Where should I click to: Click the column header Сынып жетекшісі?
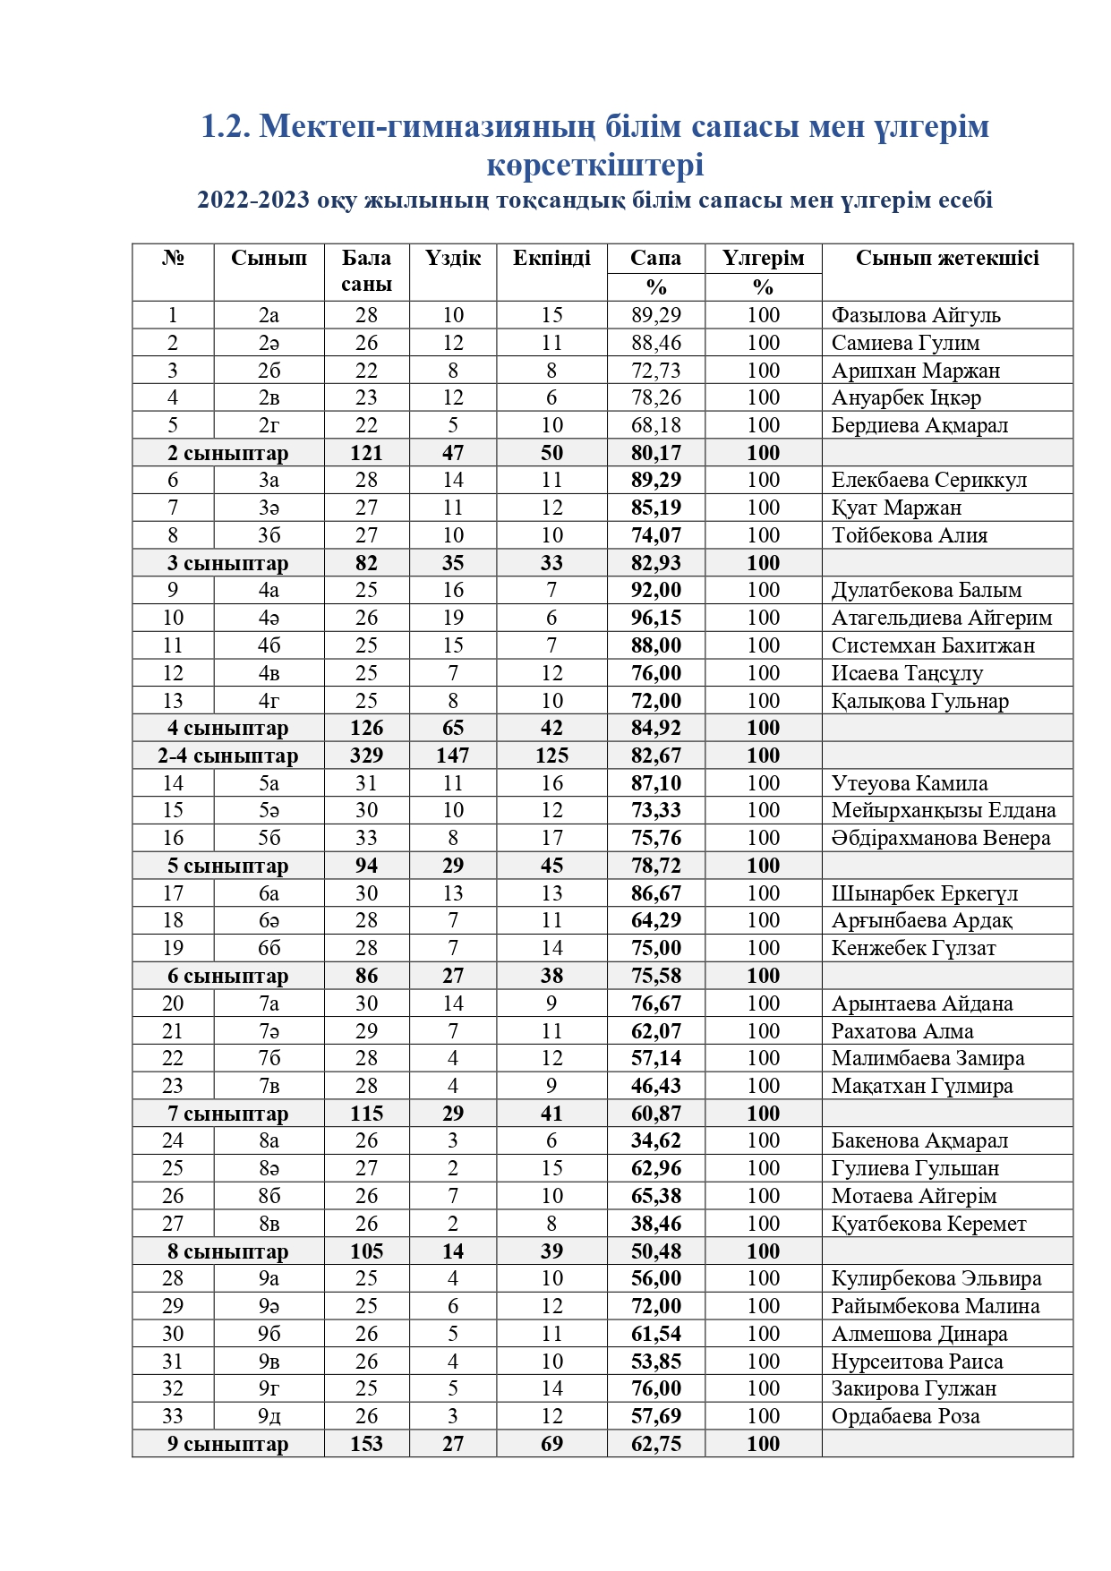946,259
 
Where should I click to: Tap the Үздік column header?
453,259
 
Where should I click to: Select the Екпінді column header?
551,259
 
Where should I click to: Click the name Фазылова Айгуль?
915,315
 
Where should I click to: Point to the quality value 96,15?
655,618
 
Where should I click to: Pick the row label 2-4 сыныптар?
227,756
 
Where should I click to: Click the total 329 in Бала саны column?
366,756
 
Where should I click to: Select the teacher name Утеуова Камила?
909,783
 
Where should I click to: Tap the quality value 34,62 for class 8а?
655,1140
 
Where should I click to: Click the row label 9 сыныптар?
227,1444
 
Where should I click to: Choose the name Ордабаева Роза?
905,1416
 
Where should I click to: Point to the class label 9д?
269,1416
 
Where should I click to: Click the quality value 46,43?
655,1086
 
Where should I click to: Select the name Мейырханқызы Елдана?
943,810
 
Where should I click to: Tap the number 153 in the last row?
366,1444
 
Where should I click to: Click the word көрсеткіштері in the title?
594,165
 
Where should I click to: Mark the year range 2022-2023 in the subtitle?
252,200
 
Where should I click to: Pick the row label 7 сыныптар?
227,1114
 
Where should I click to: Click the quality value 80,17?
655,453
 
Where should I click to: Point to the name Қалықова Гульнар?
919,701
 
